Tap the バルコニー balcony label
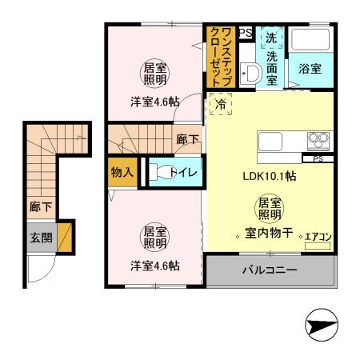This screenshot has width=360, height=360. pos(270,270)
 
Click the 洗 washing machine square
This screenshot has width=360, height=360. pos(271,37)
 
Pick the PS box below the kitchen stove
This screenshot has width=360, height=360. pos(318,158)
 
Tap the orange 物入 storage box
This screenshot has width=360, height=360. pos(121,173)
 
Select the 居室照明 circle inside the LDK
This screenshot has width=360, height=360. pos(269,210)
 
